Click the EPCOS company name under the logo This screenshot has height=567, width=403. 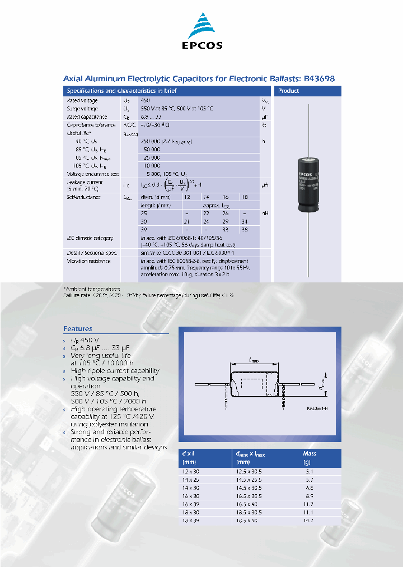[x=202, y=45]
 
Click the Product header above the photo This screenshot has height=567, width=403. [x=289, y=91]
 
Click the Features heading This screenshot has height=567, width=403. [x=78, y=329]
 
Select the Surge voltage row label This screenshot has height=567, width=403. [x=82, y=109]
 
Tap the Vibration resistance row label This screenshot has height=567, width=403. [x=89, y=261]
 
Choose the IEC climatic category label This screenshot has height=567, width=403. [x=90, y=238]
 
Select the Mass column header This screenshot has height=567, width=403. [x=310, y=453]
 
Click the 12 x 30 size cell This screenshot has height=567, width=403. [x=191, y=472]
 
